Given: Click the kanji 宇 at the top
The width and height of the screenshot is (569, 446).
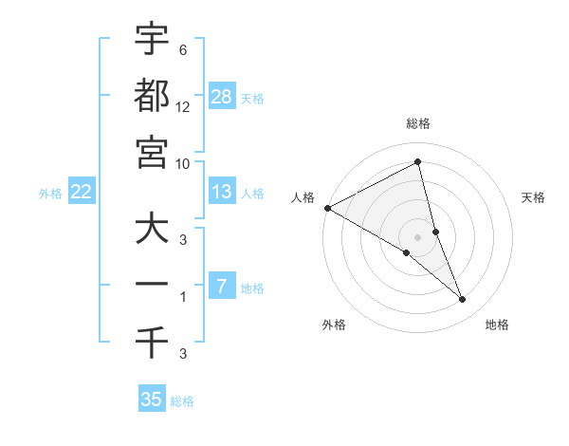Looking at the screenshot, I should pyautogui.click(x=152, y=39).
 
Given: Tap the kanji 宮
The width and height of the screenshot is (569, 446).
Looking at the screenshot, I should pyautogui.click(x=152, y=152).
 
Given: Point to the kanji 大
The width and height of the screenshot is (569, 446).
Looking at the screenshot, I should pyautogui.click(x=152, y=231).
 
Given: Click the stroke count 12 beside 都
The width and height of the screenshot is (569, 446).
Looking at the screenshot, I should pyautogui.click(x=183, y=108).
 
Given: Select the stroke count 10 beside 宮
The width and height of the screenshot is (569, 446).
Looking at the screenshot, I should pyautogui.click(x=183, y=163).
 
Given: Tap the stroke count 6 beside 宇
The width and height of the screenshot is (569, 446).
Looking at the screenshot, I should pyautogui.click(x=183, y=50).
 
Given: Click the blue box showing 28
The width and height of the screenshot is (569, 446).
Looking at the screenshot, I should pyautogui.click(x=222, y=97).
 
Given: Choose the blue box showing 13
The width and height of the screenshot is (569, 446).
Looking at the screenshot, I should pyautogui.click(x=222, y=192).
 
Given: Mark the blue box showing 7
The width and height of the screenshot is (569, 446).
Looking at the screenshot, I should pyautogui.click(x=222, y=287).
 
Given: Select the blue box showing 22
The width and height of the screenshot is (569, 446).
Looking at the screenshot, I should pyautogui.click(x=82, y=192).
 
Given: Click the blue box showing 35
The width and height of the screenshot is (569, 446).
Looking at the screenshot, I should pyautogui.click(x=152, y=400).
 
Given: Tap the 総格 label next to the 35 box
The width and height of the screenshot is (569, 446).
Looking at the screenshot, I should pyautogui.click(x=182, y=401).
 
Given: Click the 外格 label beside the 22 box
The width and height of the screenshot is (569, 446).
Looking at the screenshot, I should pyautogui.click(x=50, y=194).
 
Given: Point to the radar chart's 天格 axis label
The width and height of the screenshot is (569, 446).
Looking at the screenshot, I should pyautogui.click(x=534, y=197).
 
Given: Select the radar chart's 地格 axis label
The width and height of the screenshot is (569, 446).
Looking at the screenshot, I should pyautogui.click(x=497, y=325).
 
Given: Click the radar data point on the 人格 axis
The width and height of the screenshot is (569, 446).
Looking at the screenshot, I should pyautogui.click(x=327, y=207).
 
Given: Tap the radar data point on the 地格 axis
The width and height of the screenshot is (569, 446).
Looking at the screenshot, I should pyautogui.click(x=463, y=299).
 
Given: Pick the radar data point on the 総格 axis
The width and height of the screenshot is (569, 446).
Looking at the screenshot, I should pyautogui.click(x=418, y=162).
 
